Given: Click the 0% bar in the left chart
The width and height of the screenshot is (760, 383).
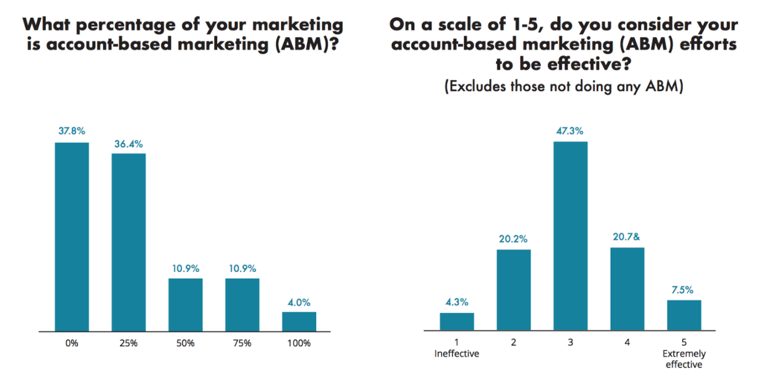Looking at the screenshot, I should (72, 237).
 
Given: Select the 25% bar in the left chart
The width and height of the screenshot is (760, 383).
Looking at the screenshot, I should (129, 242).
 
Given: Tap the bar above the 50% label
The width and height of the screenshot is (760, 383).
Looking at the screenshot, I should (186, 304).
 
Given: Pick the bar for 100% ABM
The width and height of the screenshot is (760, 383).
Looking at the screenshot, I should (299, 321).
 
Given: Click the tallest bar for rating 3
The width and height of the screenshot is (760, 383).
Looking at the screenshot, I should (570, 236).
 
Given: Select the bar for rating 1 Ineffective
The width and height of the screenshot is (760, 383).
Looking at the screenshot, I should (457, 321).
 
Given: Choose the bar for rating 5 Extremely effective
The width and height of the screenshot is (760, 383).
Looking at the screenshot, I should (684, 315).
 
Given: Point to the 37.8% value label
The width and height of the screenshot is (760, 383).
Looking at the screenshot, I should (72, 131).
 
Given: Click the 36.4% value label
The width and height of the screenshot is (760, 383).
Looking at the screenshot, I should (129, 142).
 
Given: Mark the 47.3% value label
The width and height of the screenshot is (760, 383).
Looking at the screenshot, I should (570, 131).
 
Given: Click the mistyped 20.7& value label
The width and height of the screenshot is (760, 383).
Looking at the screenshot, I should (627, 237).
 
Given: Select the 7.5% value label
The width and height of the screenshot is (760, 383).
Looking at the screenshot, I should (684, 290).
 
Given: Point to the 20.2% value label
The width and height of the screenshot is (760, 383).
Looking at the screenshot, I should (514, 239).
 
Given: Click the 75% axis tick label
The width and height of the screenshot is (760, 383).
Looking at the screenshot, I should (242, 343).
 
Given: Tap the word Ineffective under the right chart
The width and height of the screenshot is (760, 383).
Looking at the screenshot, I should (457, 353).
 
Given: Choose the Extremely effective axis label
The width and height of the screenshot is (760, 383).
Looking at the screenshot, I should (684, 359).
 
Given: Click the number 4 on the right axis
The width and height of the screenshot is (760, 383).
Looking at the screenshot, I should (627, 343).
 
